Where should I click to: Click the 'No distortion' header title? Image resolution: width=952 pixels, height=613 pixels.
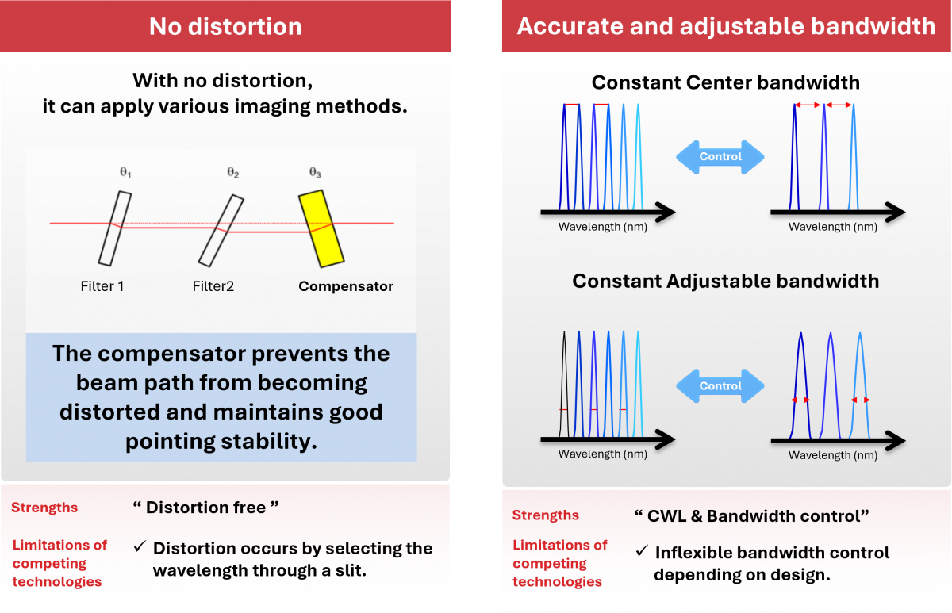click(225, 27)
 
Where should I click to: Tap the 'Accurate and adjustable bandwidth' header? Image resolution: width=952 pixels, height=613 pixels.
click(726, 27)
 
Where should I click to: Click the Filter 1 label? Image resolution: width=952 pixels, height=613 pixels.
click(102, 286)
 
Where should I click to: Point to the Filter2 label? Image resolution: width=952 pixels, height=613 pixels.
click(213, 286)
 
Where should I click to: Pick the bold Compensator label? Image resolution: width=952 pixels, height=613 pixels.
click(346, 286)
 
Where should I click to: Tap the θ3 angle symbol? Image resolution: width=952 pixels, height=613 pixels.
click(315, 172)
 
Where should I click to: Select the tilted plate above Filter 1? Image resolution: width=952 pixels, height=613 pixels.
click(115, 228)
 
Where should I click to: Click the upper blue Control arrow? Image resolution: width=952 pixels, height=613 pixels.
click(720, 156)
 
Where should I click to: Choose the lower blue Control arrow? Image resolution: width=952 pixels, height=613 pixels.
click(720, 386)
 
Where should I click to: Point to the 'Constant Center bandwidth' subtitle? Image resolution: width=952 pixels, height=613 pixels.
click(725, 82)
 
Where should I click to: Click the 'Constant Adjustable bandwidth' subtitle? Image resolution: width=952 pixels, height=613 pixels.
click(725, 281)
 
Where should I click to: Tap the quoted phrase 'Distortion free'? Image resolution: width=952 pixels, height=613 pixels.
click(205, 508)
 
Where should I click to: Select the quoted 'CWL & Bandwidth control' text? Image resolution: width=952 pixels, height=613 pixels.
click(751, 515)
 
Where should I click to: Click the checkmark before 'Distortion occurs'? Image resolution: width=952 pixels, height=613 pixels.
click(139, 547)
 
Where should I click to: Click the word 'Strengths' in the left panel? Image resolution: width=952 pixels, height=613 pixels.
click(44, 508)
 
